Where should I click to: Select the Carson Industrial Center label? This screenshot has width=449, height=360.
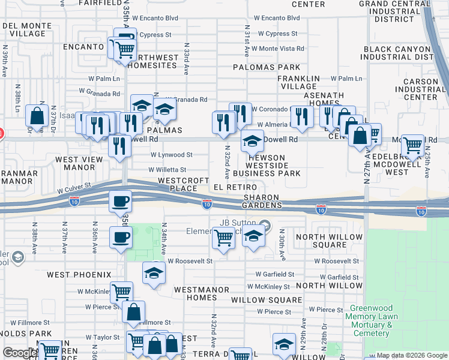click(421, 89)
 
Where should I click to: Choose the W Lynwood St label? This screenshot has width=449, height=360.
click(171, 155)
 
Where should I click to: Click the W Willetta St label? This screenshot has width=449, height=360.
click(167, 170)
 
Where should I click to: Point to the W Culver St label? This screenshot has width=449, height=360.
click(74, 190)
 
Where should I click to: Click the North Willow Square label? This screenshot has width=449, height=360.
click(330, 241)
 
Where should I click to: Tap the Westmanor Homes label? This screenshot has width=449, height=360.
click(202, 293)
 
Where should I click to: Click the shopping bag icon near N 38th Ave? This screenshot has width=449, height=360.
click(37, 116)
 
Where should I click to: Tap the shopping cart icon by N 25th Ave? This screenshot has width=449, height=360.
click(412, 145)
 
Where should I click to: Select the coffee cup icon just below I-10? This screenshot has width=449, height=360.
click(121, 202)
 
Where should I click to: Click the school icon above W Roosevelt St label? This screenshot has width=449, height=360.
click(154, 273)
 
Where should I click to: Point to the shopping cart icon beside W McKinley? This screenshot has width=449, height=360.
click(121, 292)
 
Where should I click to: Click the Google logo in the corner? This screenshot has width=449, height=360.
click(19, 353)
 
